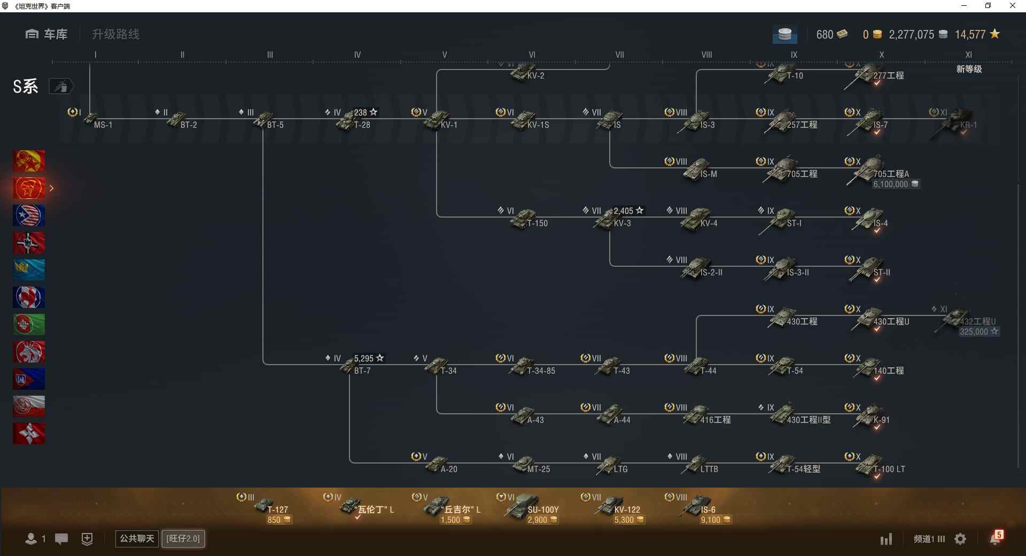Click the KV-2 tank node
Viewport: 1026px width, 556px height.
coord(526,73)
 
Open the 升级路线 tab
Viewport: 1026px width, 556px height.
coord(115,34)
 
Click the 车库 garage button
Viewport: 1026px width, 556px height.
coord(46,34)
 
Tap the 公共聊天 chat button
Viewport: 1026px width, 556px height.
coord(137,538)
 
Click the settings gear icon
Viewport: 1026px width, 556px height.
coord(960,539)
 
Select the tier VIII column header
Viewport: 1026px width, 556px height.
coord(706,55)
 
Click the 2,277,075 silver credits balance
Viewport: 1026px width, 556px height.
coord(912,35)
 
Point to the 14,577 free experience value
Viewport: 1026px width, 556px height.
coord(970,35)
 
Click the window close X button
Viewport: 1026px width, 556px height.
coord(1012,6)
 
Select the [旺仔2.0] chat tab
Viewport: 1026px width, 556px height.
coord(183,538)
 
